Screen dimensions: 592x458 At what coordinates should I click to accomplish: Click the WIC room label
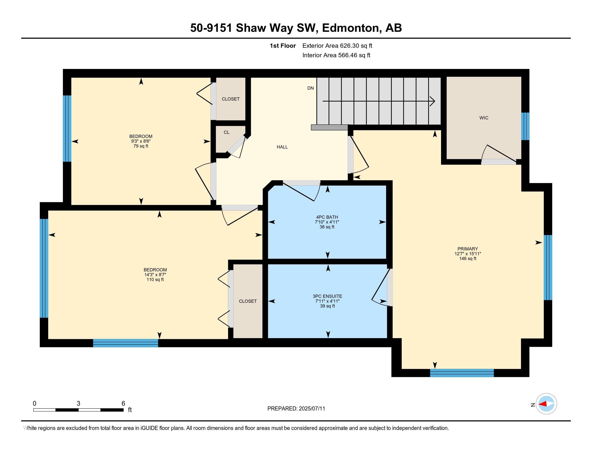click(x=484, y=118)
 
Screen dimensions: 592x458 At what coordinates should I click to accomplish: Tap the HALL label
click(x=282, y=147)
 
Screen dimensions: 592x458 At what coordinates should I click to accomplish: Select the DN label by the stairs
click(x=310, y=88)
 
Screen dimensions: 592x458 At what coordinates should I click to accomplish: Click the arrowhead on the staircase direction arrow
click(x=433, y=102)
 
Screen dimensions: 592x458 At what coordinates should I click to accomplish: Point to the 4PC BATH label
click(x=327, y=217)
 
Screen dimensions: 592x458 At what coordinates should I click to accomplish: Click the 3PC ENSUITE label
click(x=327, y=296)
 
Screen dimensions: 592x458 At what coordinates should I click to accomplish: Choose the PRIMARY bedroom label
click(x=468, y=249)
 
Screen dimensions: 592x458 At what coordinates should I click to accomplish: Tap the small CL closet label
click(x=227, y=132)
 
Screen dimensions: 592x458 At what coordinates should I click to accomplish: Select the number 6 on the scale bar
click(x=123, y=404)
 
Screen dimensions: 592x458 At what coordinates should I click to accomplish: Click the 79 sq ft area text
click(x=141, y=146)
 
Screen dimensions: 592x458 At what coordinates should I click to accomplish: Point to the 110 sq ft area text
click(x=155, y=279)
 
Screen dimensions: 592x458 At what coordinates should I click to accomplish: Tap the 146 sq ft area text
click(x=468, y=259)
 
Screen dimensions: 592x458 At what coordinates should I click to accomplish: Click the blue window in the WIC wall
click(x=525, y=126)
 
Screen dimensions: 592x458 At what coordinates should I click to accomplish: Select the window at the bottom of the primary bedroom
click(x=462, y=373)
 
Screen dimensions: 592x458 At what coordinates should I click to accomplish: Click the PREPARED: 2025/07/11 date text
click(x=296, y=409)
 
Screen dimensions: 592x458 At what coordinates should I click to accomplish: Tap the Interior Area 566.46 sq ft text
click(x=336, y=55)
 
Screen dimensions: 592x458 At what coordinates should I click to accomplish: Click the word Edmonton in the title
click(x=351, y=28)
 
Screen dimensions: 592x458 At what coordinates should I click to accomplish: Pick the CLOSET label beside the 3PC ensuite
click(x=248, y=301)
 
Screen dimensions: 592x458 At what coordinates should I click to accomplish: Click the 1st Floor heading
click(x=283, y=46)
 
